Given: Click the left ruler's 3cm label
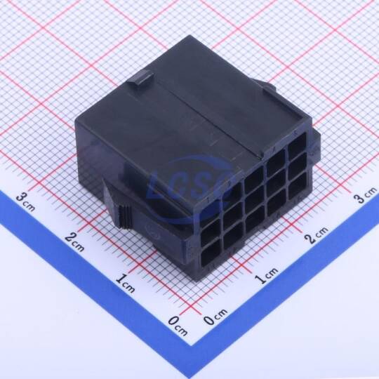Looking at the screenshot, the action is pos(25,202).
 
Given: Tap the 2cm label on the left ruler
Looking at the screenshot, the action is pos(74,241).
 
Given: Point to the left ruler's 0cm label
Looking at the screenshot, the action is pos(178,326).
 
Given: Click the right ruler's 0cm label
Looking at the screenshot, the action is pos(215,317).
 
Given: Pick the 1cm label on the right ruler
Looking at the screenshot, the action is pos(267,276).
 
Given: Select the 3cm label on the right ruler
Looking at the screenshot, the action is pos(365,195).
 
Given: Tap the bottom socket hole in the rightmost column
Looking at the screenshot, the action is pos(298,185).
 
